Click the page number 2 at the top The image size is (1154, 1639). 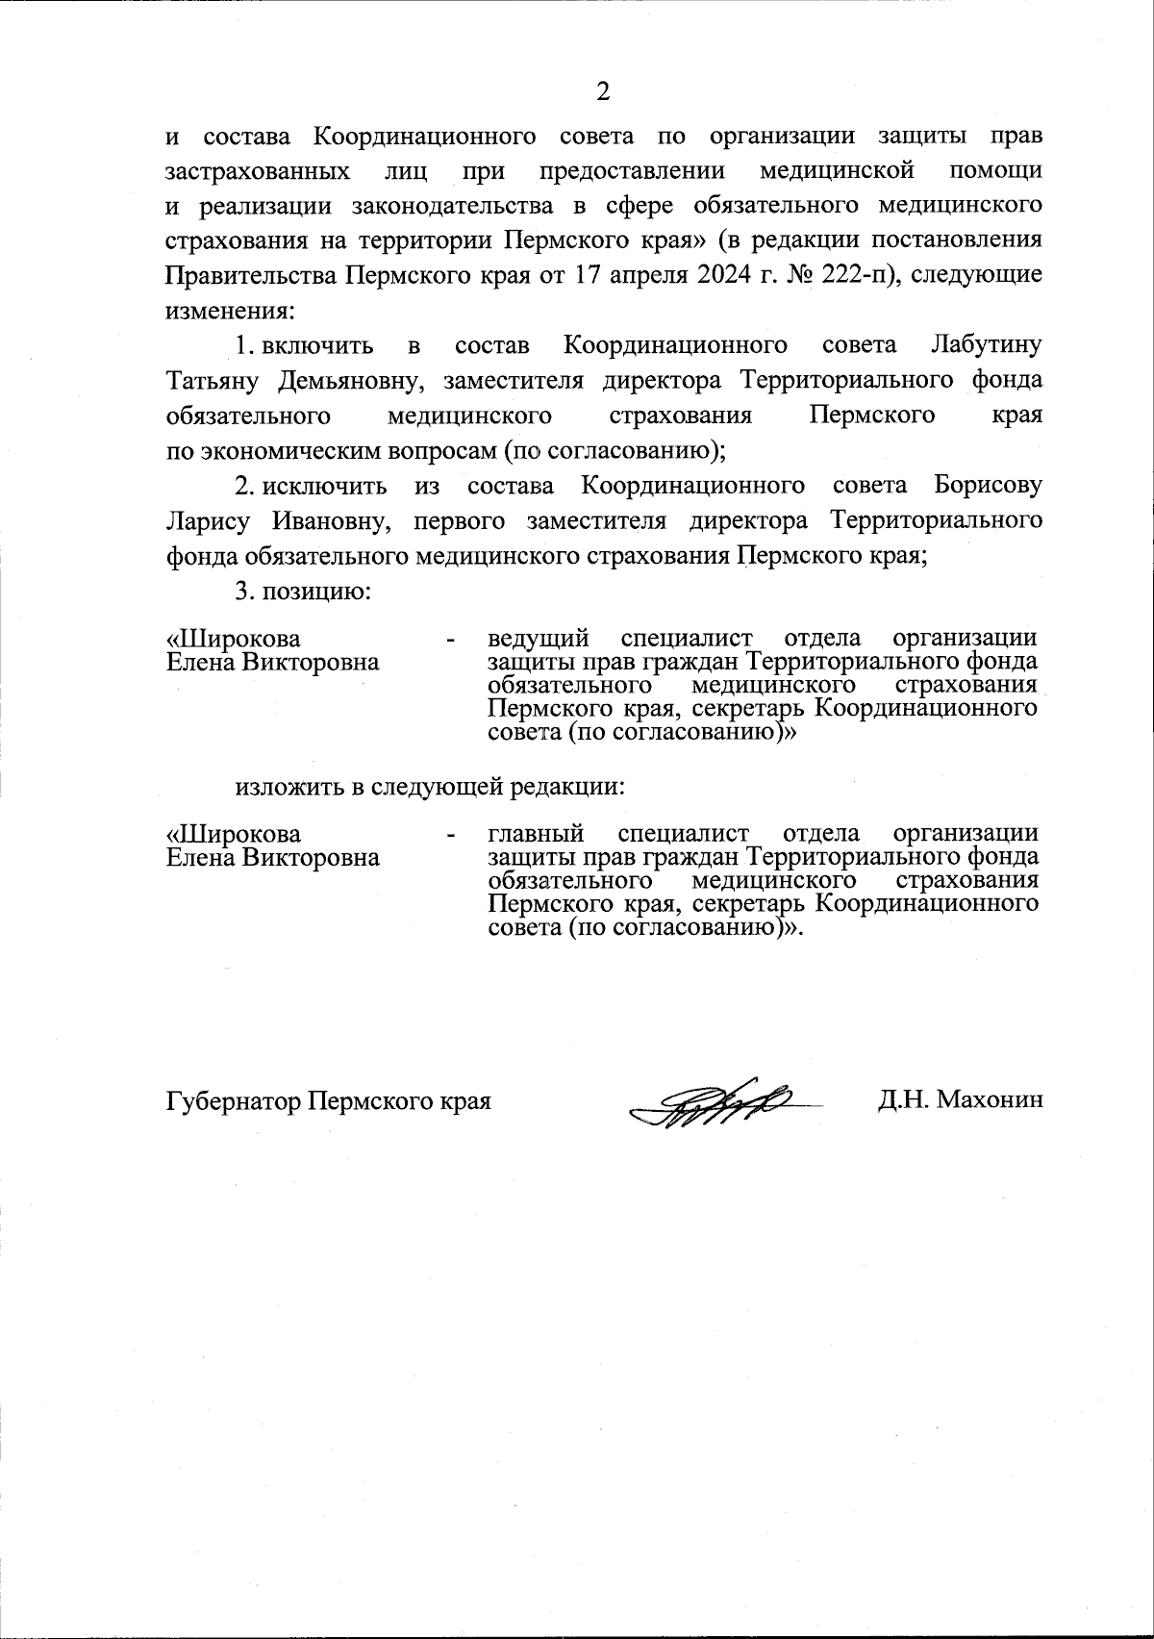[x=603, y=91]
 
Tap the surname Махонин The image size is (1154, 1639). [x=990, y=1100]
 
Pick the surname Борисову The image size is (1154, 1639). [x=988, y=486]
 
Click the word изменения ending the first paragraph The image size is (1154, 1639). [x=228, y=311]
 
